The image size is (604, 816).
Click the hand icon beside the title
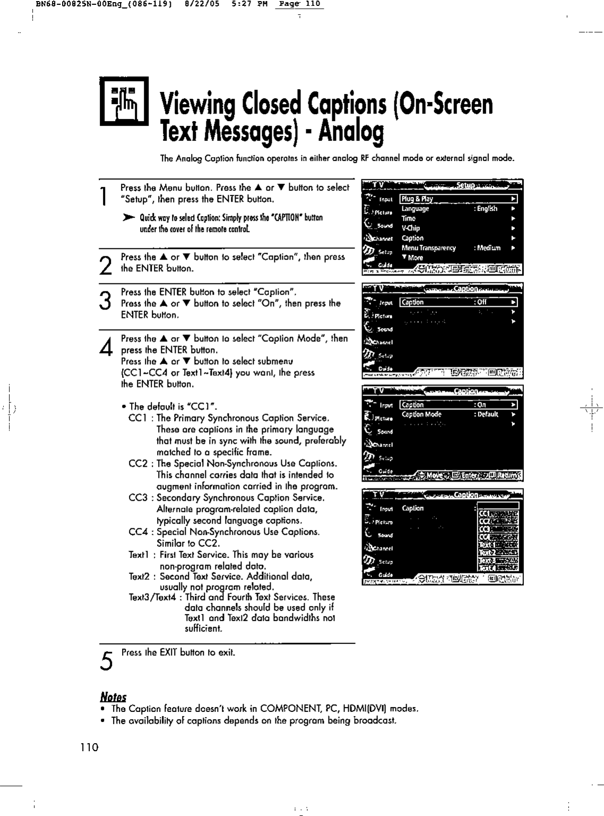[x=124, y=101]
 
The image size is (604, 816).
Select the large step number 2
[x=107, y=263]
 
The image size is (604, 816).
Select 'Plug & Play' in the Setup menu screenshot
[x=417, y=199]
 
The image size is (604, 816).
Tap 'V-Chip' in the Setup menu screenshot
[x=411, y=228]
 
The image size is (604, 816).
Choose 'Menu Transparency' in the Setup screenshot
[x=429, y=248]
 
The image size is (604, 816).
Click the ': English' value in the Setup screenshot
[x=486, y=209]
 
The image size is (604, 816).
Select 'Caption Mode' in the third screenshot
[x=421, y=415]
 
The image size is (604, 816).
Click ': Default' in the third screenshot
[x=486, y=415]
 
